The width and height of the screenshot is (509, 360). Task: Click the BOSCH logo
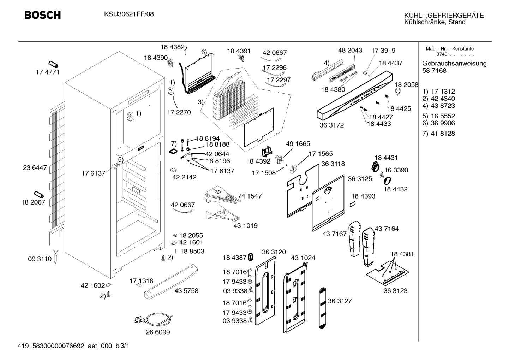coord(43,15)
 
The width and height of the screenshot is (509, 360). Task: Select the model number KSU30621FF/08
coord(129,14)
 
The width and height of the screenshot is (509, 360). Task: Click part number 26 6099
coord(158,332)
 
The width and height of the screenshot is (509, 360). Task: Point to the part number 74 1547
coord(250,196)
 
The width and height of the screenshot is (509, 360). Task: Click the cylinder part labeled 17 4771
coord(53,64)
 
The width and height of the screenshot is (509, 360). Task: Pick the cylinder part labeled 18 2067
coord(39,195)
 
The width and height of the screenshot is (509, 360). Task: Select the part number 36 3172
coord(331,125)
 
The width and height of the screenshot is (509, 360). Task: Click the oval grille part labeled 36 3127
coord(322,308)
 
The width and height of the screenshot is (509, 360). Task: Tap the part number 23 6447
coord(35,167)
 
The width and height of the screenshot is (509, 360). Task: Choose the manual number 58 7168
coord(434,71)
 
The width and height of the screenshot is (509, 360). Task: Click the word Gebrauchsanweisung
coord(454,64)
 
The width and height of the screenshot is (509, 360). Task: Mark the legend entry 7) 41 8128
coord(438,134)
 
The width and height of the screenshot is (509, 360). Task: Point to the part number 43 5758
coord(186,291)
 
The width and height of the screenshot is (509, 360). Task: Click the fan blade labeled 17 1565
coord(293,169)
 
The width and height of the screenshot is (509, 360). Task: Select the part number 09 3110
coord(40,259)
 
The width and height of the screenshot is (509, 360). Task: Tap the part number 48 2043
coord(350,50)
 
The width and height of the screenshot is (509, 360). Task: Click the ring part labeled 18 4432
coord(388,181)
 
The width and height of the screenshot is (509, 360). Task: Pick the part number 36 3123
coord(395,291)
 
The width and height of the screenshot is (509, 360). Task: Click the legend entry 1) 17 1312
coord(438,92)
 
